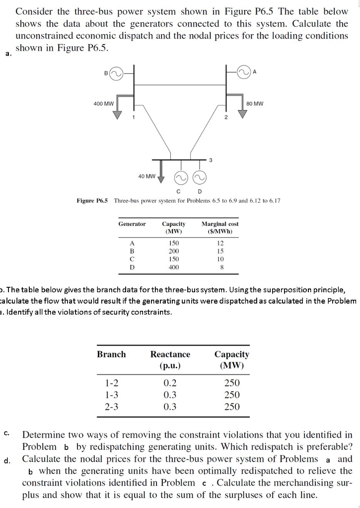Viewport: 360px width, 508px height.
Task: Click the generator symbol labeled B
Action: (x=116, y=73)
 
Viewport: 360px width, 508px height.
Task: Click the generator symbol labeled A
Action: (x=244, y=72)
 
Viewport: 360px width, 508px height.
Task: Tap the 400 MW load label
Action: (x=104, y=104)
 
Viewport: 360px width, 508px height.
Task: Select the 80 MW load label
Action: (x=255, y=104)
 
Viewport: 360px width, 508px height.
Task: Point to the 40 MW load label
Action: (x=147, y=176)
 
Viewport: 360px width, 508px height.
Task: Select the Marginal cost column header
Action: (x=220, y=227)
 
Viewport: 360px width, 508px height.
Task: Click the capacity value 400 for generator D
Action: (x=174, y=267)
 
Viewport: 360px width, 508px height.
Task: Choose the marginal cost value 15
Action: (x=220, y=251)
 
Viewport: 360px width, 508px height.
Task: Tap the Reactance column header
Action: (x=170, y=360)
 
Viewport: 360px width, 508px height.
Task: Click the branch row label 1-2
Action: (x=112, y=382)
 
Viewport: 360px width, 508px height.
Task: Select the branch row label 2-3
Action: (x=112, y=407)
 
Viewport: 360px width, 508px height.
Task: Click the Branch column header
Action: (x=111, y=354)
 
